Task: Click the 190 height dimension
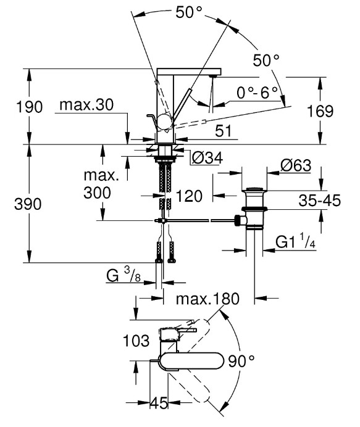coord(30,107)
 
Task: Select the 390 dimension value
coord(28,204)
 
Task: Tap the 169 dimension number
coord(320,111)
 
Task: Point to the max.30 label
coord(86,104)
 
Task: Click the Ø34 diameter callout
coord(207,157)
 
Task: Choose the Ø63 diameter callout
coord(296,165)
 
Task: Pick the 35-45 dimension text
coord(319,201)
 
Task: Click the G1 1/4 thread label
coord(295,241)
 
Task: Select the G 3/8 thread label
coord(123,275)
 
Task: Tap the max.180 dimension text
coord(207,299)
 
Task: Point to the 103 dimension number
coord(136,341)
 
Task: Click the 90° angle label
coord(241,361)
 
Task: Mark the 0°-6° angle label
coord(257,93)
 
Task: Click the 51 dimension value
coord(223,131)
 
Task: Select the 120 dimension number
coord(189,196)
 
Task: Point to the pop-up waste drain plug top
coord(254,189)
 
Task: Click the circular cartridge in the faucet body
coord(165,122)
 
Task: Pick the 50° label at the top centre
coord(189,12)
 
